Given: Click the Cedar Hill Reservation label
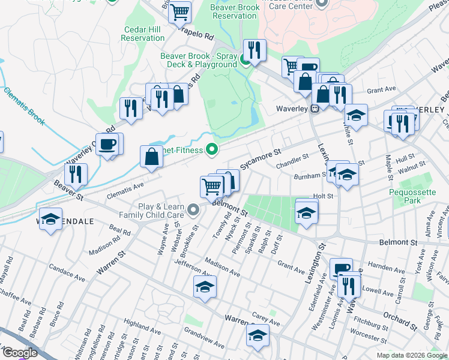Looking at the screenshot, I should [142, 33].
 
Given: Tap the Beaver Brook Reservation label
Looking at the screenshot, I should [235, 11].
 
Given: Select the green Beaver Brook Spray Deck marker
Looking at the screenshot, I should [245, 59].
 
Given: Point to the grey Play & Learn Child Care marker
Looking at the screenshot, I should [193, 210].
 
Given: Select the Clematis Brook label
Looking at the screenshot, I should [24, 106].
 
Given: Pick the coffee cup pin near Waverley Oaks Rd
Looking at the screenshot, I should [109, 145].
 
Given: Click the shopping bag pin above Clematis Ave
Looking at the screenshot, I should [152, 157].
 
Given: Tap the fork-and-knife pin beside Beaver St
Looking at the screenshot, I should [76, 175].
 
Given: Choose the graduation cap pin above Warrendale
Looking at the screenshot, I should [51, 218].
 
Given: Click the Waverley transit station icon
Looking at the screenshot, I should [313, 109].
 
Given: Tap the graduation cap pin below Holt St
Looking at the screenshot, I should [306, 212].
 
